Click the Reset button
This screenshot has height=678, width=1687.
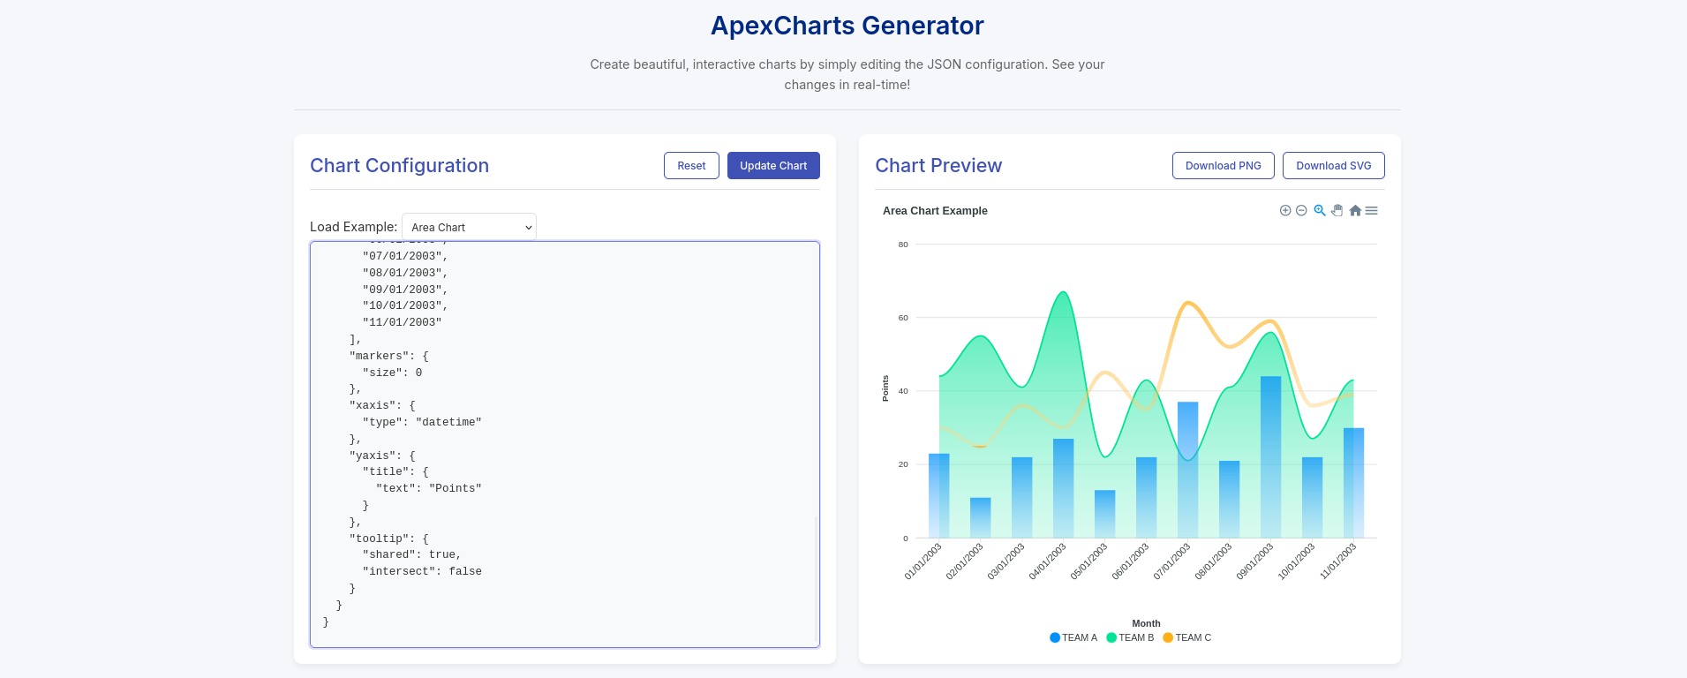pos(691,166)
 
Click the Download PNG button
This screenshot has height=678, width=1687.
pos(1223,166)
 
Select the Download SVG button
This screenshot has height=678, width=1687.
pos(1333,166)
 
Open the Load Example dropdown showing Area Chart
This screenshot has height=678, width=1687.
pos(469,227)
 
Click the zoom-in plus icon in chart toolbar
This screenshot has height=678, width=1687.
pos(1285,210)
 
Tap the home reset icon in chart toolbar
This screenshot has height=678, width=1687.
pos(1355,210)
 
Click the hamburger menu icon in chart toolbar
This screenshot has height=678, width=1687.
pos(1371,210)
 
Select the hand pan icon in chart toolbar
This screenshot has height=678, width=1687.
pos(1337,210)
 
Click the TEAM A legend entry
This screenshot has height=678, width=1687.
pos(1073,637)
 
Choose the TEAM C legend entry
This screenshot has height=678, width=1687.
pos(1187,637)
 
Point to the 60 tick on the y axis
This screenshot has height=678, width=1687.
pos(903,318)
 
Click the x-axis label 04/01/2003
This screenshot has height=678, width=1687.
pos(1048,561)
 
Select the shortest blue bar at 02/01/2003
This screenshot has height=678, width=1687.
pos(980,518)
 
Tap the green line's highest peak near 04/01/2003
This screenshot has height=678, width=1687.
pos(1064,293)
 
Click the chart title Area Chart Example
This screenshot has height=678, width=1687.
pos(935,211)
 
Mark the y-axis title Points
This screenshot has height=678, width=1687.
pos(885,388)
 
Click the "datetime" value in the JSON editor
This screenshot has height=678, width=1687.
pos(448,423)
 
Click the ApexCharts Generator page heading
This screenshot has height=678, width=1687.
pos(847,26)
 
